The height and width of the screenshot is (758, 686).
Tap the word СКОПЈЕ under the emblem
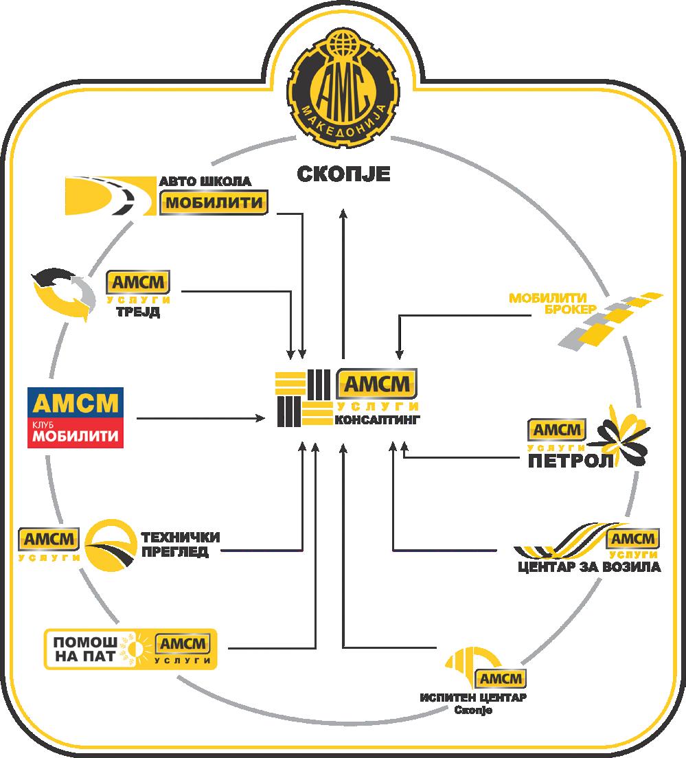[x=343, y=174]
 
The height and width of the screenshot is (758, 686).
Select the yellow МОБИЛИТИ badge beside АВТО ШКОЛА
[x=213, y=204]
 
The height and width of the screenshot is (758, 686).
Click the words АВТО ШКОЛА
[x=205, y=182]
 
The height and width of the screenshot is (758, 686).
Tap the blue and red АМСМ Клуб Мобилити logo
[x=75, y=417]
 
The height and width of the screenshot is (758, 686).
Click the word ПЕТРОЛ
[x=570, y=460]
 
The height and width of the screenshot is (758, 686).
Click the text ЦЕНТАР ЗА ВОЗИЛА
[x=588, y=568]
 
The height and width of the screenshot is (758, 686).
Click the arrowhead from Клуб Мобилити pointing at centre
[x=262, y=417]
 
